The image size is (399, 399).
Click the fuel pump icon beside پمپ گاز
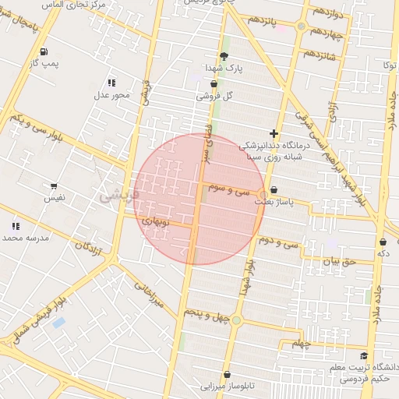tap(41, 52)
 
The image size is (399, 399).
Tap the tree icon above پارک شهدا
tap(224, 56)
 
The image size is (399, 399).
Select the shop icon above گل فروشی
tap(214, 83)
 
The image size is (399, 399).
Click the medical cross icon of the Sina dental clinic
tap(273, 133)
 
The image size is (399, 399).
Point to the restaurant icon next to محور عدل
tap(112, 83)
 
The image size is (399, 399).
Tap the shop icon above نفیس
tap(53, 186)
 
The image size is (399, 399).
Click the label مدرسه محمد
tap(25, 237)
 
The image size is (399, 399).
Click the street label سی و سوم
tap(228, 189)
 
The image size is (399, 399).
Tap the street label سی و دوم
tap(281, 244)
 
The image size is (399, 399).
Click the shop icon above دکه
tap(383, 242)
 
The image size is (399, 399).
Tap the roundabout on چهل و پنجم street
tap(236, 320)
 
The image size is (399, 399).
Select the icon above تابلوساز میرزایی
tap(227, 374)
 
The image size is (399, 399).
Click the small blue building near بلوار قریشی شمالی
tap(59, 323)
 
